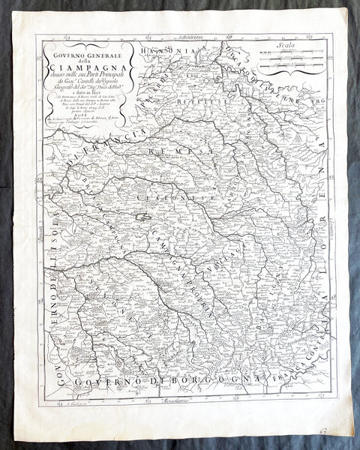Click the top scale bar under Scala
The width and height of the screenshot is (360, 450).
284,54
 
